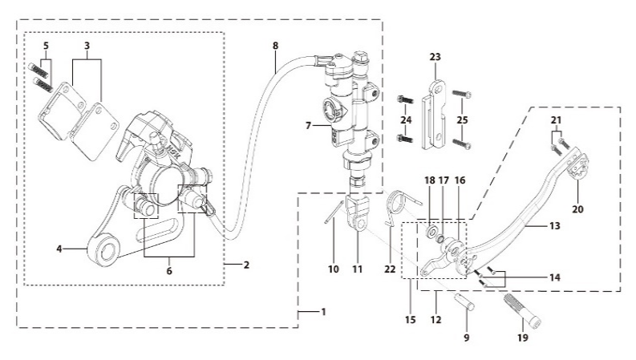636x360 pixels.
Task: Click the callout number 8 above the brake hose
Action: coord(275,46)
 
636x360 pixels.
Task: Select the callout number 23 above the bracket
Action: coord(435,57)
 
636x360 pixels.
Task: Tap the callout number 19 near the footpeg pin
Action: coord(523,338)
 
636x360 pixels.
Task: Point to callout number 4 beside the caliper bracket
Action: coord(59,249)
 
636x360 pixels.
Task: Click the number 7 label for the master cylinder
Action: coord(308,126)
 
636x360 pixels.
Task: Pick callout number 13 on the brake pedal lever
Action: coord(554,226)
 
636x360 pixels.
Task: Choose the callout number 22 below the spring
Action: coord(390,269)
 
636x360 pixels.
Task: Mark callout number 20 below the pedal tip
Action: coord(577,209)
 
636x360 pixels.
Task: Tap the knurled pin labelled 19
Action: coord(523,311)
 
